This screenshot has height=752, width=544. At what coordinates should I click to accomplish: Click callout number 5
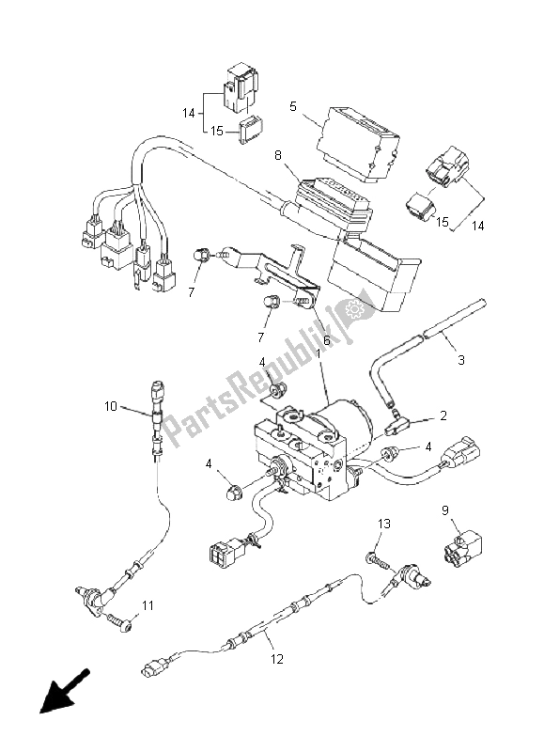coord(293,106)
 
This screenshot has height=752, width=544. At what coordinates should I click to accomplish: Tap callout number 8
coord(278,155)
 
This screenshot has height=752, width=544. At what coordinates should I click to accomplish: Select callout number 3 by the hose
coord(461,360)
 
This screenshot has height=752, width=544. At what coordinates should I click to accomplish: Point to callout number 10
coord(111,406)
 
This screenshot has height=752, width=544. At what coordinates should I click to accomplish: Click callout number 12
coord(277,659)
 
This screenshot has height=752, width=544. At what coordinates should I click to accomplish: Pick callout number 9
coord(445,510)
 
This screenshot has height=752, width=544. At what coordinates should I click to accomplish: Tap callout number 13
coord(384,524)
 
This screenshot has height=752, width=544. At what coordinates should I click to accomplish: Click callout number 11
coord(148,605)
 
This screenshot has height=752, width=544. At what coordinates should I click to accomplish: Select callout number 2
coord(443,415)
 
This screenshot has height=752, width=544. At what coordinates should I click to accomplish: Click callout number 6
coord(326,341)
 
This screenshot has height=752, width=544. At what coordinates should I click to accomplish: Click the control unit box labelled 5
coord(358,144)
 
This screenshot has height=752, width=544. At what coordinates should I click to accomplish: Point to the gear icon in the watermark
coord(354,309)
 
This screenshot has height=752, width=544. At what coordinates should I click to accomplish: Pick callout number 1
coord(318,354)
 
